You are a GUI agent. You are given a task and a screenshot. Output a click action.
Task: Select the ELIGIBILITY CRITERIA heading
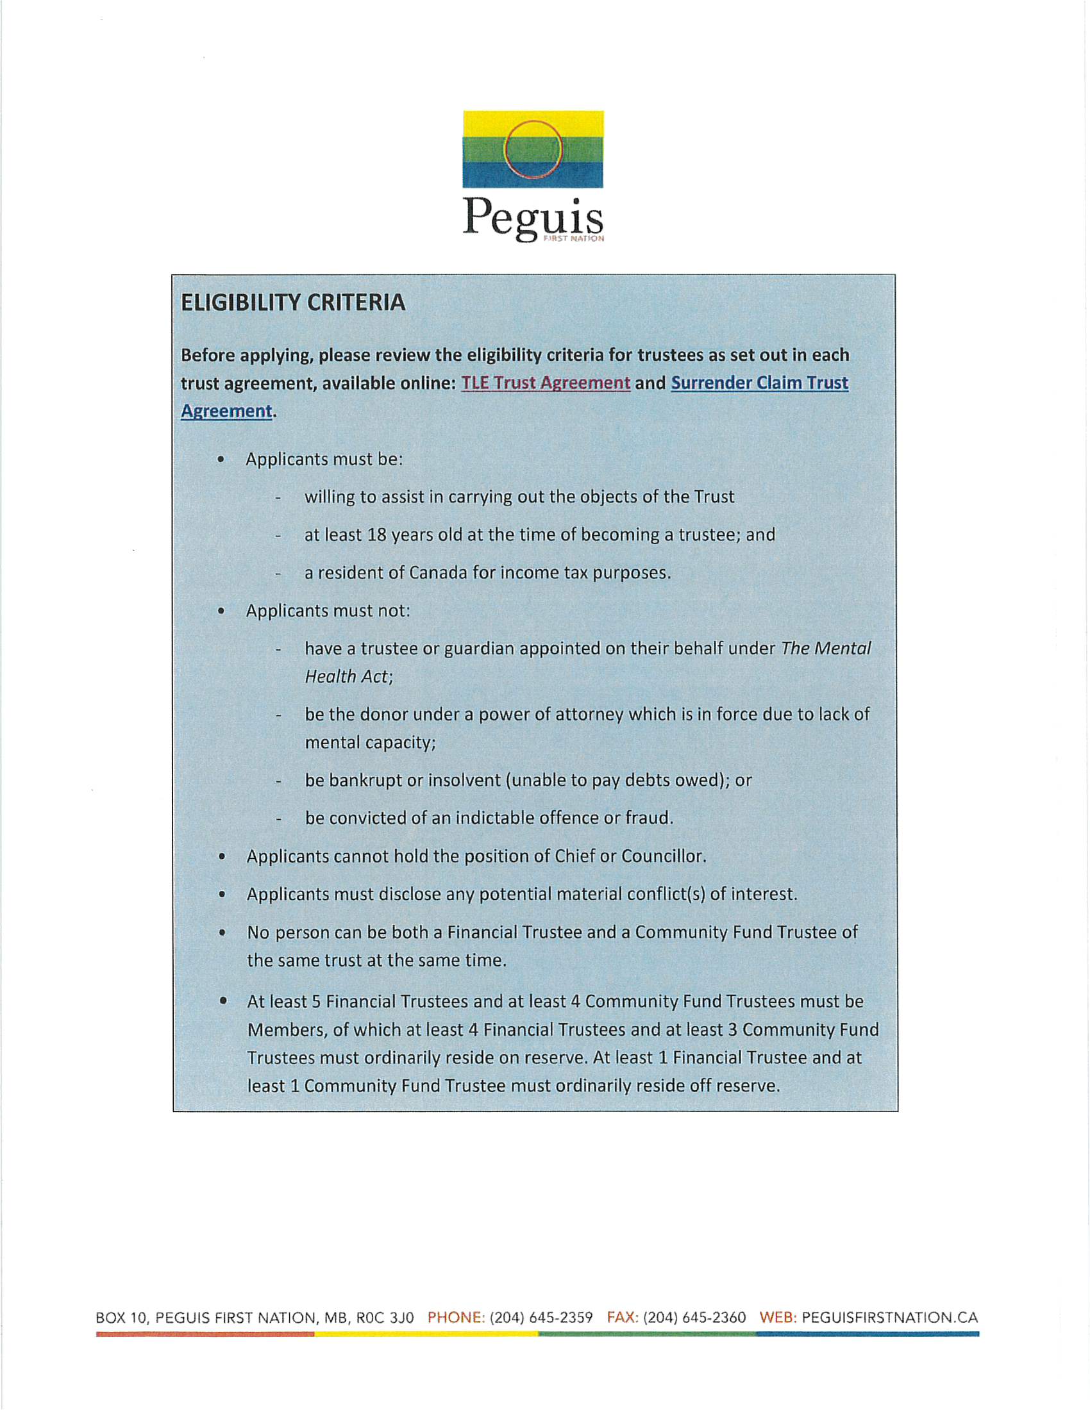click(x=292, y=303)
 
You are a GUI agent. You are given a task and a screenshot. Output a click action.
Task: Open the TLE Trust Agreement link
click(x=546, y=383)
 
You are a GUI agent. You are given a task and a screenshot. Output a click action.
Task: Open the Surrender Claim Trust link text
click(x=759, y=383)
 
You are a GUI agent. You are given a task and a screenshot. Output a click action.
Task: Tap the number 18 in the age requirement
click(x=376, y=535)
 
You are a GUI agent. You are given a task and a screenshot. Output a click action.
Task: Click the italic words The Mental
click(x=826, y=648)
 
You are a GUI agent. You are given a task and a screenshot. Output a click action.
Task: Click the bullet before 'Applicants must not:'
click(x=221, y=611)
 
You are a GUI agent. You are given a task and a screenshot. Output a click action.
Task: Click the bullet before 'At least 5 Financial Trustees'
click(x=222, y=1001)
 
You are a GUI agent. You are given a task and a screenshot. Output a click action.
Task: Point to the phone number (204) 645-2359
click(x=541, y=1318)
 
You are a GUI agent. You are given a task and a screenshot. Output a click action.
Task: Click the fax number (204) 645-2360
click(x=694, y=1318)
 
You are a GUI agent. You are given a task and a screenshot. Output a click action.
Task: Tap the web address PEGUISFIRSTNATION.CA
click(x=890, y=1318)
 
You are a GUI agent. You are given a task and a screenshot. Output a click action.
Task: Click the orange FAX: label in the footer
click(x=623, y=1318)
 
